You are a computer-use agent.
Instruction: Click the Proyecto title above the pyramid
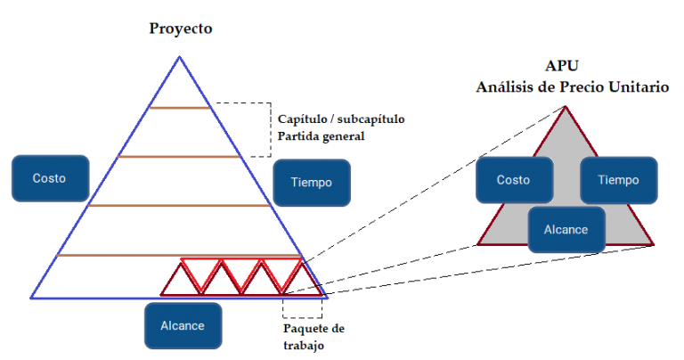pyautogui.click(x=181, y=29)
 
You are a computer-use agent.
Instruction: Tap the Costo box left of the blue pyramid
pyautogui.click(x=50, y=178)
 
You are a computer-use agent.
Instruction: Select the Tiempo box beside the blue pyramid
pyautogui.click(x=312, y=183)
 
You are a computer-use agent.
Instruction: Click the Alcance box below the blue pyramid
pyautogui.click(x=183, y=325)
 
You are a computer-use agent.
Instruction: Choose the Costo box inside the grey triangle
pyautogui.click(x=514, y=180)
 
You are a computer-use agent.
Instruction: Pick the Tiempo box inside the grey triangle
pyautogui.click(x=619, y=180)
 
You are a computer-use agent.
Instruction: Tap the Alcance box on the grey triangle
pyautogui.click(x=566, y=230)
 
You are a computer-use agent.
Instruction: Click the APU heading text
pyautogui.click(x=562, y=66)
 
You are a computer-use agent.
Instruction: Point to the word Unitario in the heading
pyautogui.click(x=639, y=86)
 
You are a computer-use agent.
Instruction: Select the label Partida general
pyautogui.click(x=321, y=136)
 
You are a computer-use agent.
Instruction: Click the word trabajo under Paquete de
pyautogui.click(x=304, y=346)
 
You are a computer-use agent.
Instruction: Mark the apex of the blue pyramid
pyautogui.click(x=179, y=56)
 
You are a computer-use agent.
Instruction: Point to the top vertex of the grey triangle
pyautogui.click(x=566, y=106)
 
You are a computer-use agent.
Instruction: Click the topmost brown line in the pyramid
pyautogui.click(x=180, y=107)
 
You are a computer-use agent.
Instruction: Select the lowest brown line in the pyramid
pyautogui.click(x=179, y=255)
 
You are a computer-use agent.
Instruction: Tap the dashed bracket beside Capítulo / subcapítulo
pyautogui.click(x=271, y=129)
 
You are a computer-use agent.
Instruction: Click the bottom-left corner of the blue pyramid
pyautogui.click(x=31, y=298)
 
